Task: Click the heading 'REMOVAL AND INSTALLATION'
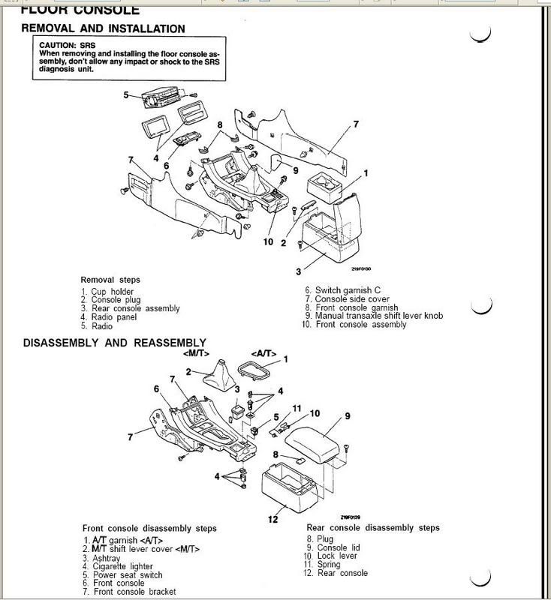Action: pyautogui.click(x=103, y=29)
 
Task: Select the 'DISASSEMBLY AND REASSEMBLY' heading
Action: pyautogui.click(x=114, y=343)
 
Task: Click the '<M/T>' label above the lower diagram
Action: pyautogui.click(x=194, y=353)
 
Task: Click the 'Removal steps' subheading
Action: pyautogui.click(x=110, y=280)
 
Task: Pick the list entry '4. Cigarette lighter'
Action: pyautogui.click(x=124, y=567)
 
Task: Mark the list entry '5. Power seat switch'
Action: pyautogui.click(x=125, y=576)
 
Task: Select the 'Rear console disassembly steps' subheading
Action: pyautogui.click(x=373, y=528)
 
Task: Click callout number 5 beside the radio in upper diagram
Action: pyautogui.click(x=126, y=95)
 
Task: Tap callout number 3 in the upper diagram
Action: pyautogui.click(x=298, y=271)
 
